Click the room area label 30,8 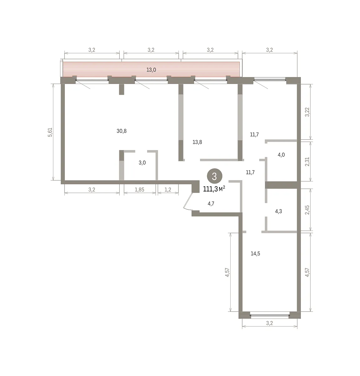pos(121,131)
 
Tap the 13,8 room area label pos(197,142)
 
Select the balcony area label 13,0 pos(151,70)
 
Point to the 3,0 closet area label pos(142,163)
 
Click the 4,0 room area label pos(281,154)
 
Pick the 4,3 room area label pos(278,211)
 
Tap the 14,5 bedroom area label pos(255,253)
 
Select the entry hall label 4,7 pos(211,203)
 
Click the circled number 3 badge pos(214,176)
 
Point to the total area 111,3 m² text pos(214,189)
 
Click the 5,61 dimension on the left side pos(50,132)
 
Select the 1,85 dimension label pos(139,190)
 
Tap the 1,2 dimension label pos(168,190)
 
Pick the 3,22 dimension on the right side pos(307,112)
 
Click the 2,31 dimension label pos(307,162)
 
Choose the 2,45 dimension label pos(307,210)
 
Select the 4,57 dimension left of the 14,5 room pos(227,272)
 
